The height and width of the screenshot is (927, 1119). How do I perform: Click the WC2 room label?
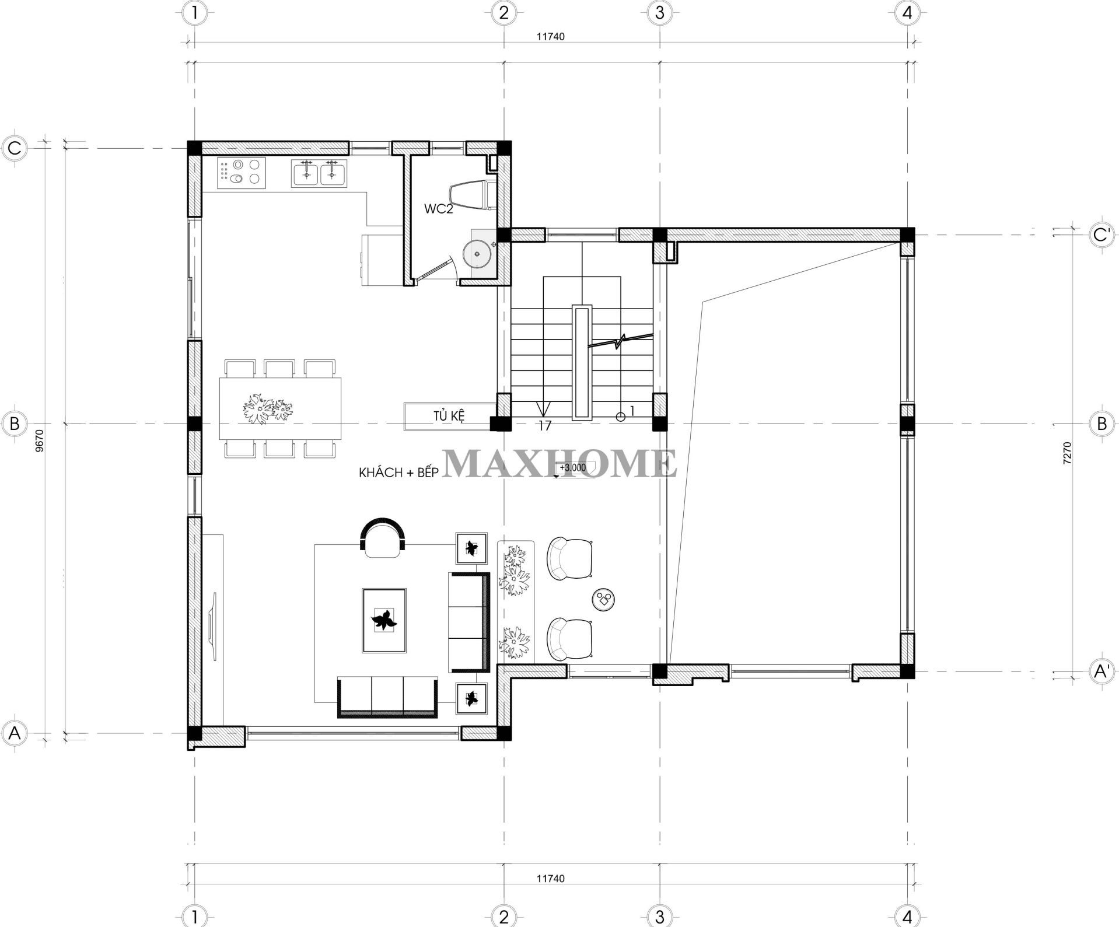pos(438,209)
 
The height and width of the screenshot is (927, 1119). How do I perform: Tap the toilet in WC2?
pos(472,194)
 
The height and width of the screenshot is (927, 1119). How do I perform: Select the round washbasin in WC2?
pos(478,254)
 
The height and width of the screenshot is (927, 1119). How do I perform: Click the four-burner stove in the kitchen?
pos(241,172)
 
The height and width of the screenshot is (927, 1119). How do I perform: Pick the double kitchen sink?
pos(319,173)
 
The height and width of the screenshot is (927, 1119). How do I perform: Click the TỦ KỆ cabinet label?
pos(449,417)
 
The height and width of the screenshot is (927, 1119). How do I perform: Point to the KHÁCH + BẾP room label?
pos(398,473)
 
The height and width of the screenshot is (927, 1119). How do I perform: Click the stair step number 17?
pos(544,426)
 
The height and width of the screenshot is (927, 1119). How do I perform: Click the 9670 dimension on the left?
pos(39,440)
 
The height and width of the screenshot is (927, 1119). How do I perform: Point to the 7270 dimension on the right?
pos(1067,453)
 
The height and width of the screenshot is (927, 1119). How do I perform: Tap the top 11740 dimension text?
pos(551,36)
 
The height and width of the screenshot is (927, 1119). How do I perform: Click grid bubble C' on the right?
pos(1101,235)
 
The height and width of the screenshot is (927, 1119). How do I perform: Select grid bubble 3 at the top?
pos(660,13)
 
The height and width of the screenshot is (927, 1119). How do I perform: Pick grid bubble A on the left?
pos(15,733)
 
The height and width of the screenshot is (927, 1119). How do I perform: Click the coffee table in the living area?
pos(384,621)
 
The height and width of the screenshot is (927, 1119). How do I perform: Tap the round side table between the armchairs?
pos(604,599)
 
